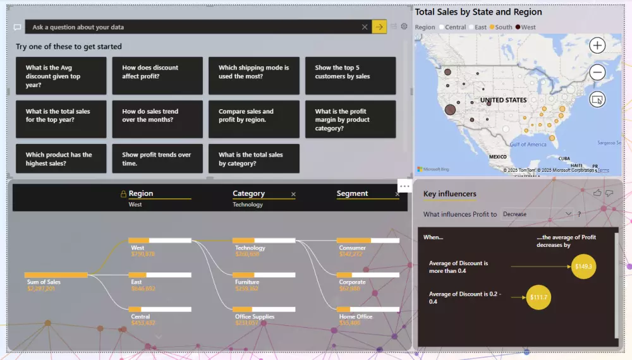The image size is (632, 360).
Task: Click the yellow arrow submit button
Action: click(379, 27)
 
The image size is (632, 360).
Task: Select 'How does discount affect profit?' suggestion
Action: click(157, 76)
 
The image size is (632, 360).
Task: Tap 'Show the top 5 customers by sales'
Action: click(350, 76)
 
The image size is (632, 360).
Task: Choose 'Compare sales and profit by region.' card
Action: click(253, 119)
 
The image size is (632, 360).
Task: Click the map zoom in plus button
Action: click(597, 45)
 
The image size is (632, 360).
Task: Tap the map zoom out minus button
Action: click(597, 73)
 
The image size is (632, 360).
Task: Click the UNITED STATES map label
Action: click(503, 100)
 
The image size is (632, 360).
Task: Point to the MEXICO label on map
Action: click(498, 157)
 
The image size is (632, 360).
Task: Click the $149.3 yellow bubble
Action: click(583, 267)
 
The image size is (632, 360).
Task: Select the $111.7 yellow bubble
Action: click(538, 297)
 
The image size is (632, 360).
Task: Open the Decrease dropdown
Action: click(537, 214)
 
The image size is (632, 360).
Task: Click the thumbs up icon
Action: click(597, 193)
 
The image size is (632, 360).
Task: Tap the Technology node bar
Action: click(264, 240)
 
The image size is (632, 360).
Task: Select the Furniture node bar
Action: click(264, 275)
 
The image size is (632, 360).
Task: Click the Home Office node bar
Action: click(368, 309)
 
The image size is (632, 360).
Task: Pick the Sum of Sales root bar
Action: click(56, 275)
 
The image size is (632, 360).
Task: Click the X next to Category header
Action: click(293, 194)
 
